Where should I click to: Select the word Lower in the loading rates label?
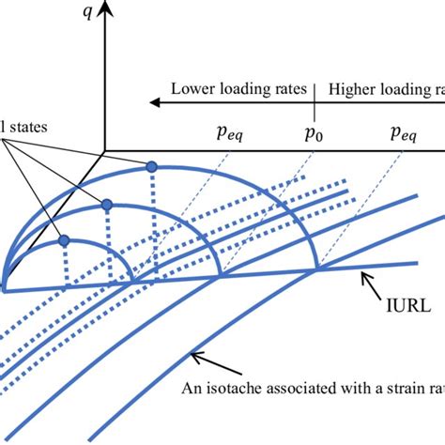tap(192, 91)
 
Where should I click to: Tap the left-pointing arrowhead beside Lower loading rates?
tap(144, 97)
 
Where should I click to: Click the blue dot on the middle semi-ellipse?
tap(107, 204)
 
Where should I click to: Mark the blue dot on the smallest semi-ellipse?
tap(64, 240)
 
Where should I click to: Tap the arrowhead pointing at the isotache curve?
tap(192, 351)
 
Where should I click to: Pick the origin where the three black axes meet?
tap(105, 150)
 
